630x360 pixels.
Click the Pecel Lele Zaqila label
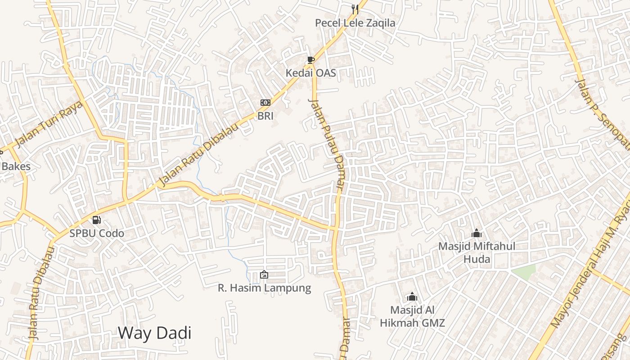coord(355,23)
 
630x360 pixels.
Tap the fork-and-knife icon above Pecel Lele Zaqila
coord(355,9)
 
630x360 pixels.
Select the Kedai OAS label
coord(311,72)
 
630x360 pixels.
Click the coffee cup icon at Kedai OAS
coord(310,60)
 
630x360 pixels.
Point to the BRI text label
coord(265,116)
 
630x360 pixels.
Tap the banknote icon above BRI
coord(265,103)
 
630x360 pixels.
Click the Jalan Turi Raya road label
coord(49,124)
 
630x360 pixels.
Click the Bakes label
coord(16,166)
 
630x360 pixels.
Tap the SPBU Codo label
coord(96,234)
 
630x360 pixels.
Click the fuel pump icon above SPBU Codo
coord(96,220)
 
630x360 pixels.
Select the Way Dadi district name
coord(154,333)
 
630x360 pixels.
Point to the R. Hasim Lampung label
coord(264,288)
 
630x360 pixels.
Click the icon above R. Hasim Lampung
coord(264,274)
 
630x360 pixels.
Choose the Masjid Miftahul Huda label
coord(477,253)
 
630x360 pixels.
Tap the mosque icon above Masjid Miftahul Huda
coord(477,234)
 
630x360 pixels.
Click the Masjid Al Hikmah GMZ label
coord(412,316)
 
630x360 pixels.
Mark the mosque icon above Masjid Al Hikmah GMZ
coord(412,297)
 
